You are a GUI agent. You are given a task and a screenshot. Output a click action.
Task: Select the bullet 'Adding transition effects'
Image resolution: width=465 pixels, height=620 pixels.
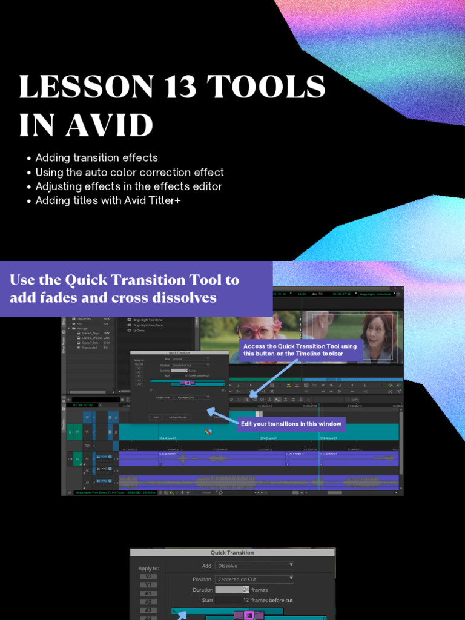(96, 157)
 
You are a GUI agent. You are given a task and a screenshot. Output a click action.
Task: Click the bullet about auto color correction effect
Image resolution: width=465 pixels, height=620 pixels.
(130, 172)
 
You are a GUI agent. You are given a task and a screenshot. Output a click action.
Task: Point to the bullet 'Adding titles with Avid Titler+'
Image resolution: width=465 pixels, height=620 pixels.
(108, 200)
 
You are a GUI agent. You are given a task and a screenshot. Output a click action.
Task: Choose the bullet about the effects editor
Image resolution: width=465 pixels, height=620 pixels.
(128, 186)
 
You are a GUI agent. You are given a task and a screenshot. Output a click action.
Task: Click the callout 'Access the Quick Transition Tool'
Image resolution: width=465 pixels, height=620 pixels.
(301, 350)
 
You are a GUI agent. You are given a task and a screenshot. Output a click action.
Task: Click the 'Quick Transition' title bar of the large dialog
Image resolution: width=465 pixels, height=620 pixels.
(232, 552)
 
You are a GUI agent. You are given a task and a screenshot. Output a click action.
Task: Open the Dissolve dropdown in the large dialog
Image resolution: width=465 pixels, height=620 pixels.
(254, 566)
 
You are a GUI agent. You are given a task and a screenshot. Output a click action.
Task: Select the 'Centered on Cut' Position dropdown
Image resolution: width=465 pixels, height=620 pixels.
(254, 579)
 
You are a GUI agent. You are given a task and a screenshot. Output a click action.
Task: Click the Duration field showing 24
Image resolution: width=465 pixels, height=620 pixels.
(232, 590)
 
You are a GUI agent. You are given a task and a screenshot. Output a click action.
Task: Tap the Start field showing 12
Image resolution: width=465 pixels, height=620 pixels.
(232, 600)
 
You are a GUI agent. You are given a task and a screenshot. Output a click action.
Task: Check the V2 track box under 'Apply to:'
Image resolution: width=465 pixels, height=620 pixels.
(148, 577)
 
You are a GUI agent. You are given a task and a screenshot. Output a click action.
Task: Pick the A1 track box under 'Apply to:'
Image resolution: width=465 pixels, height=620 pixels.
(148, 594)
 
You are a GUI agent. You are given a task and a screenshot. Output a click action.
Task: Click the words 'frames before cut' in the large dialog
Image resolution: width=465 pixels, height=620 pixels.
(272, 600)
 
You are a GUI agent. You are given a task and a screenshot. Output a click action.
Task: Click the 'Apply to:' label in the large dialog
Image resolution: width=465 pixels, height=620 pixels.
(149, 569)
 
